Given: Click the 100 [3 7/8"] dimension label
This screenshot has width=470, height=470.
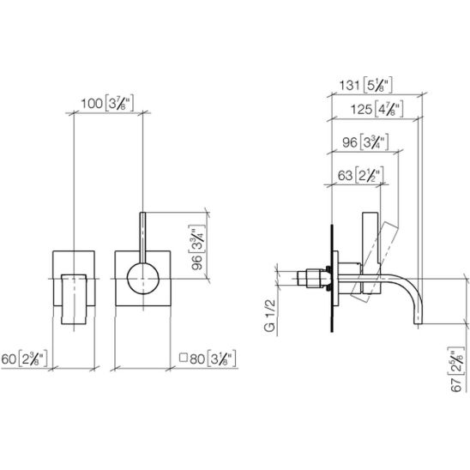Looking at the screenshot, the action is (107, 104).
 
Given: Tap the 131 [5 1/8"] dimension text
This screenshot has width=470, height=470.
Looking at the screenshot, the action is (365, 85).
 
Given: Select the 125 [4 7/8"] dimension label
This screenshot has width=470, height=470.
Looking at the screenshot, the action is (377, 109).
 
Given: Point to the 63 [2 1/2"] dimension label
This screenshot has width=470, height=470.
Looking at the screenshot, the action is (360, 175).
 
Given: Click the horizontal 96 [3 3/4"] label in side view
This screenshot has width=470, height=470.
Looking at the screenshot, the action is (365, 142).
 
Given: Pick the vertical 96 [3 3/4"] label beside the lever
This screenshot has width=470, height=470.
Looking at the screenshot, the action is (197, 247).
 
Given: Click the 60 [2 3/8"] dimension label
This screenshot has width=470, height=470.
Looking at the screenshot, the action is (24, 359).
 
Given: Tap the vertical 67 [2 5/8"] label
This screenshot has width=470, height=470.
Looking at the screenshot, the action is (457, 370).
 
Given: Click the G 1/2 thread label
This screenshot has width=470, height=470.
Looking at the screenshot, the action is (270, 315).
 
